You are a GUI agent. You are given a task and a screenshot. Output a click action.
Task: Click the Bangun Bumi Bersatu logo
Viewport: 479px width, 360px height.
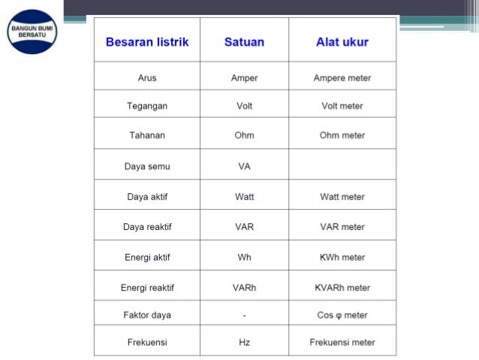click(32, 32)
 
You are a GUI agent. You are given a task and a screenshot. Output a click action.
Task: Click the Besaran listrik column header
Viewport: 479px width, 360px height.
click(147, 42)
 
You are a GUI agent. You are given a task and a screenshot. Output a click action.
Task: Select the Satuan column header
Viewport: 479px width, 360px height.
click(244, 42)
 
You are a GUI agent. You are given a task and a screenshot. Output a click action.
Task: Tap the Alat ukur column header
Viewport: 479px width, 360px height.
click(342, 42)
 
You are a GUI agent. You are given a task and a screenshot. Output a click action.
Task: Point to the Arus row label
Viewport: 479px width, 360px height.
click(147, 77)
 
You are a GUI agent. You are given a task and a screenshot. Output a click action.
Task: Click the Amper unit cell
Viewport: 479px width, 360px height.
click(244, 77)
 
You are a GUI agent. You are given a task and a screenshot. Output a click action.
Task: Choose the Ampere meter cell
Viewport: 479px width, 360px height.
click(342, 77)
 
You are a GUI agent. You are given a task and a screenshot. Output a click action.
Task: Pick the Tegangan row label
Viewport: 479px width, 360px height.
click(147, 106)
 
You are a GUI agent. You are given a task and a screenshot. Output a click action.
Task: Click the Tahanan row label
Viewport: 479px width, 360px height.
click(147, 135)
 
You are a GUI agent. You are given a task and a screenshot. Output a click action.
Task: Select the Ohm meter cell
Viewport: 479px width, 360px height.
click(342, 135)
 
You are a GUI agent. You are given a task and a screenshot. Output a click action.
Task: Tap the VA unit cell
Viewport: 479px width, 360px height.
click(244, 166)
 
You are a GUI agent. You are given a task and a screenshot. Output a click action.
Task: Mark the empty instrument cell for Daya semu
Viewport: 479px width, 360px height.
click(342, 165)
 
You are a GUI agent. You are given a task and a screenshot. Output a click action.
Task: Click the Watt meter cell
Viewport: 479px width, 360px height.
click(342, 197)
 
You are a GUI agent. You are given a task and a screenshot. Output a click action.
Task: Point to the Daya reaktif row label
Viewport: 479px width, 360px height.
click(147, 227)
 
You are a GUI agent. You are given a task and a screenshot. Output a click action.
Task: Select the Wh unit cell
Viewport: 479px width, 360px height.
click(244, 257)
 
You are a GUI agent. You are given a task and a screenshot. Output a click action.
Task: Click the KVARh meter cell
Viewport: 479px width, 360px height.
click(342, 287)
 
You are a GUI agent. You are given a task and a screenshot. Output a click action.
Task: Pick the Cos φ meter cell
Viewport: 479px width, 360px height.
click(342, 315)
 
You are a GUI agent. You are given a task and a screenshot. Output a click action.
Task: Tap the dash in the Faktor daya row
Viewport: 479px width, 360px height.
click(244, 315)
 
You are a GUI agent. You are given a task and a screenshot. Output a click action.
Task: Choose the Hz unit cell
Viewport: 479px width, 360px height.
click(244, 343)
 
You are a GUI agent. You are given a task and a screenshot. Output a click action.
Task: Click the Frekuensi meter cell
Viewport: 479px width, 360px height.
click(342, 343)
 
